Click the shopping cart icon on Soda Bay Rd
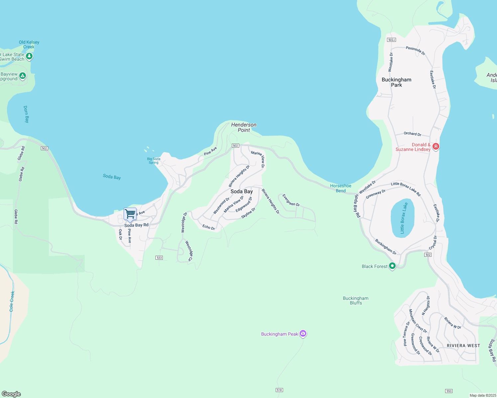coord(130,214)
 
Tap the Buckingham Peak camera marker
coord(303,333)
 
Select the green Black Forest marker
coord(392,266)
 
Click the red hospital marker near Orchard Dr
coord(436,146)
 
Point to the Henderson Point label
coord(244,127)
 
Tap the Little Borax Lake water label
coord(404,218)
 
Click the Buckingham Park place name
coord(396,82)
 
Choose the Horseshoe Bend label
coord(341,188)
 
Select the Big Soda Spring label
coord(153,161)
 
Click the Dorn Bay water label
coord(26,114)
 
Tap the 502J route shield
coord(391,40)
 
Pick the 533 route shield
coord(159,258)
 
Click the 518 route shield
coord(279,390)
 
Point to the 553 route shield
coord(449,391)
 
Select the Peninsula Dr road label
coord(415,50)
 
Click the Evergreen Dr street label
coord(291,200)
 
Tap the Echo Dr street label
coord(209,227)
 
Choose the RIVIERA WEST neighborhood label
coord(463,346)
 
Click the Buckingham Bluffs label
coord(355,300)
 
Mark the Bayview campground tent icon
coord(23,76)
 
